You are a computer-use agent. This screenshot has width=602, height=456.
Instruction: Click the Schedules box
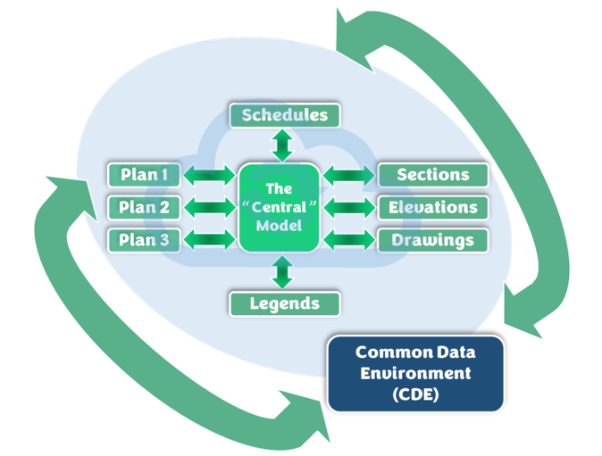[285, 115]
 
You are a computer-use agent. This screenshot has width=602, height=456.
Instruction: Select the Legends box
[285, 303]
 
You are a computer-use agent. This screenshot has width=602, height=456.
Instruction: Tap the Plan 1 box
[144, 175]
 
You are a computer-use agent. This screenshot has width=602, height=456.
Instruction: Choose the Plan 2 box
[144, 208]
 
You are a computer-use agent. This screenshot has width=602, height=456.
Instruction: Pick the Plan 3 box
[144, 240]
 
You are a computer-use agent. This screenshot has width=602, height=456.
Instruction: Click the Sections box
[433, 175]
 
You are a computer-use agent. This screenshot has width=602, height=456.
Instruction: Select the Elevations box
[433, 208]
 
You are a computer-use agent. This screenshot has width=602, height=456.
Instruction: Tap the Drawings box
[433, 240]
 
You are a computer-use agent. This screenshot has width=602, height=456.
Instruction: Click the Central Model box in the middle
[280, 207]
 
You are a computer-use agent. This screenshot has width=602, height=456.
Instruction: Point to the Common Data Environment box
[415, 373]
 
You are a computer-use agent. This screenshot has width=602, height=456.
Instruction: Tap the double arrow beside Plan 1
[208, 175]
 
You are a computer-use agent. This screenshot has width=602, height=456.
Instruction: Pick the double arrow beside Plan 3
[208, 240]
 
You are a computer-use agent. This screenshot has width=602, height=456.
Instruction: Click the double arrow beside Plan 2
[208, 208]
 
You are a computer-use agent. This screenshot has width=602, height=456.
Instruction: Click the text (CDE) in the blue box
[415, 394]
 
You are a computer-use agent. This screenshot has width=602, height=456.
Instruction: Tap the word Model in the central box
[280, 225]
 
